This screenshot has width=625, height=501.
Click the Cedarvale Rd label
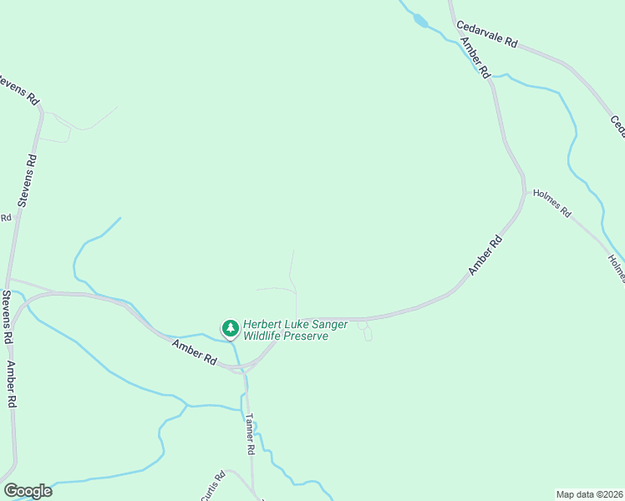(x=488, y=34)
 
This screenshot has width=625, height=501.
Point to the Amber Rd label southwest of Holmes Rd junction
(x=485, y=256)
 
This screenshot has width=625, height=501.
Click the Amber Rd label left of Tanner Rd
(x=194, y=353)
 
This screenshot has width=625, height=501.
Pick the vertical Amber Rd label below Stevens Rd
(x=12, y=383)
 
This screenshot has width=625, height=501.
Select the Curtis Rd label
(x=214, y=487)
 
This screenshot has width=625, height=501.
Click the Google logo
(x=28, y=491)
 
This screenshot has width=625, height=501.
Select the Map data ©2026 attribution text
(x=589, y=493)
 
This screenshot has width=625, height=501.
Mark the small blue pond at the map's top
(x=420, y=22)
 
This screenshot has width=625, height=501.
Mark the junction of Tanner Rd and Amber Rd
(x=246, y=367)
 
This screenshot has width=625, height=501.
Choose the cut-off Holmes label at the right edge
(x=617, y=268)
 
